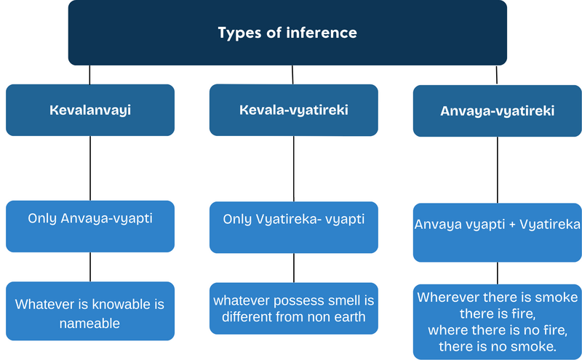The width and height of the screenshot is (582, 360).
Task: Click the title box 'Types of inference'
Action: (x=287, y=33)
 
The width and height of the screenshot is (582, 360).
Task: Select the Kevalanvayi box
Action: (x=90, y=110)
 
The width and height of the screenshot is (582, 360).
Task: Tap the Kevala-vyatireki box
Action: (x=294, y=110)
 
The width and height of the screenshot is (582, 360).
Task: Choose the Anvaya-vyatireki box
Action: (x=498, y=111)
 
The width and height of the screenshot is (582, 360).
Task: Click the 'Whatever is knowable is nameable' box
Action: (x=90, y=311)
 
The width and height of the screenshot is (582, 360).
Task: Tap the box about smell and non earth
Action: (x=294, y=308)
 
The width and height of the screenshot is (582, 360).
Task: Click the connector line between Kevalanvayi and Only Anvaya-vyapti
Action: (x=90, y=168)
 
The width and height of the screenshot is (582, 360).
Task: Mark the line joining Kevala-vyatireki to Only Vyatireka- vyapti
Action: (x=294, y=168)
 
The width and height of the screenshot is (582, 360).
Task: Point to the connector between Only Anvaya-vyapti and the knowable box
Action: (x=90, y=266)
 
